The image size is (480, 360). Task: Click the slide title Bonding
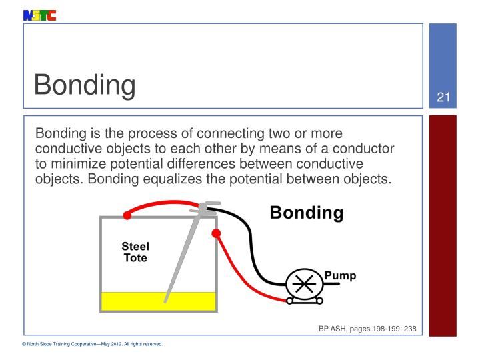click(x=85, y=85)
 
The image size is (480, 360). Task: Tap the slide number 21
click(x=443, y=98)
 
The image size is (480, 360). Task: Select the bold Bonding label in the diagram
click(x=307, y=213)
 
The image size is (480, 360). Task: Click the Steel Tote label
click(x=135, y=251)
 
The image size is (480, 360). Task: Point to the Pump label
click(x=340, y=275)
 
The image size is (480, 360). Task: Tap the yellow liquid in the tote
click(x=133, y=301)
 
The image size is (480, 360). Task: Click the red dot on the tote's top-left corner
click(x=127, y=215)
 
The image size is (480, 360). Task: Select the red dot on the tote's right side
click(x=216, y=233)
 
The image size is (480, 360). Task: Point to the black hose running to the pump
click(x=253, y=247)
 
